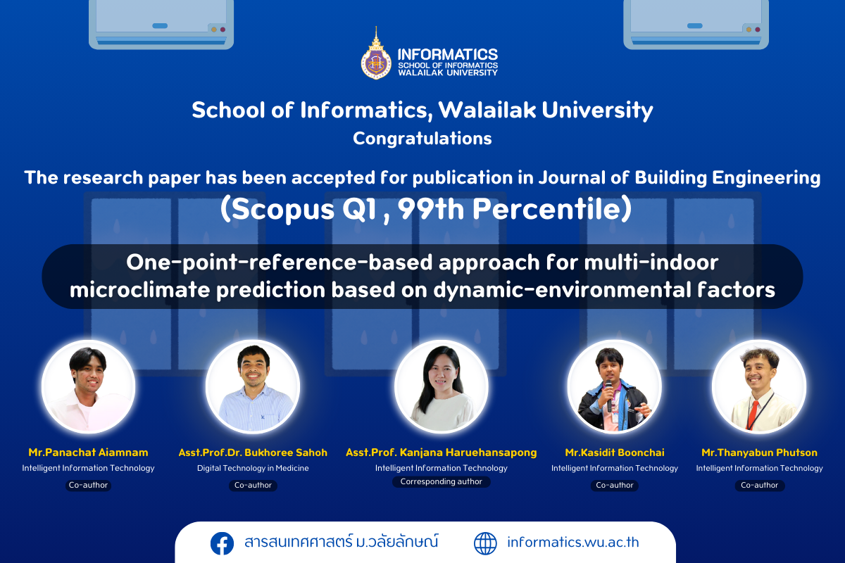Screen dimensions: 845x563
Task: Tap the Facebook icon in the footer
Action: tap(222, 543)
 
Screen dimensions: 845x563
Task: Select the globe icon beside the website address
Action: tap(485, 543)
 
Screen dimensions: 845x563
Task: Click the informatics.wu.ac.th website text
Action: tap(573, 543)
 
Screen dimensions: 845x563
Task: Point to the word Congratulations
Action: tap(422, 139)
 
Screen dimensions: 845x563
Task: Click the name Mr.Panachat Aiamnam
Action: tap(88, 453)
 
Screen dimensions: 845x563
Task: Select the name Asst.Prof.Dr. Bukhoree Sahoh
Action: tap(253, 453)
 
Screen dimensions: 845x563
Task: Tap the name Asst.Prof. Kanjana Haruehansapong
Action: tap(442, 453)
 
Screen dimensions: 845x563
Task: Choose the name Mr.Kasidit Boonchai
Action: tap(615, 453)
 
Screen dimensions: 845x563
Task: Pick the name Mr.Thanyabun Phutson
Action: tap(759, 453)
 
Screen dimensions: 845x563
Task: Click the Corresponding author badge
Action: tap(442, 481)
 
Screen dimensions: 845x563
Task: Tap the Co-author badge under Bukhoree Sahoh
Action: tap(253, 486)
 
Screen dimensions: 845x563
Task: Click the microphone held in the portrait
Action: tap(608, 396)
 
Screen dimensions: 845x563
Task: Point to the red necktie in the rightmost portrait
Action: tap(752, 414)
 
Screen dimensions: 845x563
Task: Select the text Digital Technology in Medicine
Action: tap(253, 469)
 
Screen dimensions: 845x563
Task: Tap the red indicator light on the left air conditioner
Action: tap(223, 30)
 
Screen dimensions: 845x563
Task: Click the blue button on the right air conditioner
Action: tap(694, 25)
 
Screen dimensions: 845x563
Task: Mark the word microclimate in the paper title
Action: tap(139, 290)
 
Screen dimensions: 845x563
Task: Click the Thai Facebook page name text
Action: tap(342, 541)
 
